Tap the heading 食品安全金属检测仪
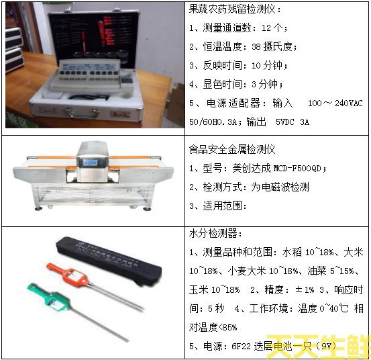pyautogui.click(x=231, y=149)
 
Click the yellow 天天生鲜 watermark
pyautogui.click(x=318, y=347)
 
